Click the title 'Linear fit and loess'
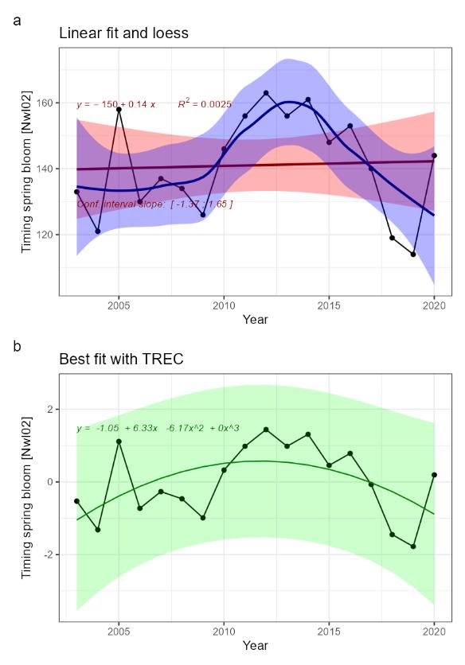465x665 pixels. point(123,33)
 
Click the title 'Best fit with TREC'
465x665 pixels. point(121,360)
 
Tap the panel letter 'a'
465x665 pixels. point(18,19)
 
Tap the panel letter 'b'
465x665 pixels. point(18,346)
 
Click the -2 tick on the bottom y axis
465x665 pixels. point(50,554)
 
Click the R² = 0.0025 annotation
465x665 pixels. point(205,104)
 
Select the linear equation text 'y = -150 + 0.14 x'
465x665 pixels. point(116,104)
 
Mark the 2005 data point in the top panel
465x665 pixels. point(119,109)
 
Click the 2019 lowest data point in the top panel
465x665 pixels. point(413,255)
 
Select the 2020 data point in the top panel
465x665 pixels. point(434,156)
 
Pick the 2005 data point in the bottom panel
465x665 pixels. point(119,441)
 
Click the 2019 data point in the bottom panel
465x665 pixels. point(413,546)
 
